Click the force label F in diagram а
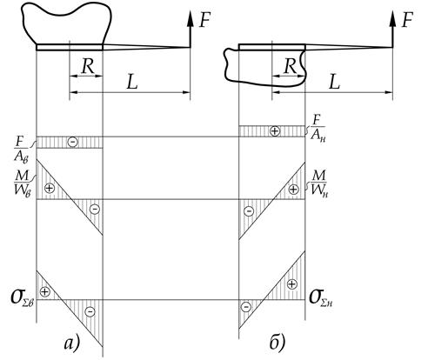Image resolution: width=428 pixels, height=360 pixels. click(x=204, y=20)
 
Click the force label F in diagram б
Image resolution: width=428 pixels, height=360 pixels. click(x=407, y=20)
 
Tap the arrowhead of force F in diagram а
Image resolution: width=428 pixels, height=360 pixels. click(x=191, y=19)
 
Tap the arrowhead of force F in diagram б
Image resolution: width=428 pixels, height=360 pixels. click(x=392, y=19)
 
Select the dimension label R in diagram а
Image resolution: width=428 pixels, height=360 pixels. click(x=88, y=66)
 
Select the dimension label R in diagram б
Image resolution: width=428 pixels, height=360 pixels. click(x=291, y=66)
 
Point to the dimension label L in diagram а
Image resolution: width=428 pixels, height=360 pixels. click(x=132, y=83)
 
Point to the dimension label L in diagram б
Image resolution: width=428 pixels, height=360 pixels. click(x=334, y=83)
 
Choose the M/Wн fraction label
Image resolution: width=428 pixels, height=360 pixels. click(x=319, y=183)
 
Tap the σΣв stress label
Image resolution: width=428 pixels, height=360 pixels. click(x=23, y=298)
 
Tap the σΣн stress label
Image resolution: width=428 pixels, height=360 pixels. click(x=321, y=298)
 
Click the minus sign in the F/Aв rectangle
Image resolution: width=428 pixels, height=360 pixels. click(x=73, y=142)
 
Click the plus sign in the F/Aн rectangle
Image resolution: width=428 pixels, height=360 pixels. click(x=275, y=131)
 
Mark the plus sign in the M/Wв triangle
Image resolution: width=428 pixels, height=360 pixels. click(x=50, y=188)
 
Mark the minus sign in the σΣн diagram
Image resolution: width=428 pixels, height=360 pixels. click(x=246, y=307)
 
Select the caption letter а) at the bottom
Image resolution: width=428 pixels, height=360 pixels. click(x=71, y=343)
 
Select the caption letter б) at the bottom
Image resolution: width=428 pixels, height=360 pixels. click(x=277, y=343)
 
